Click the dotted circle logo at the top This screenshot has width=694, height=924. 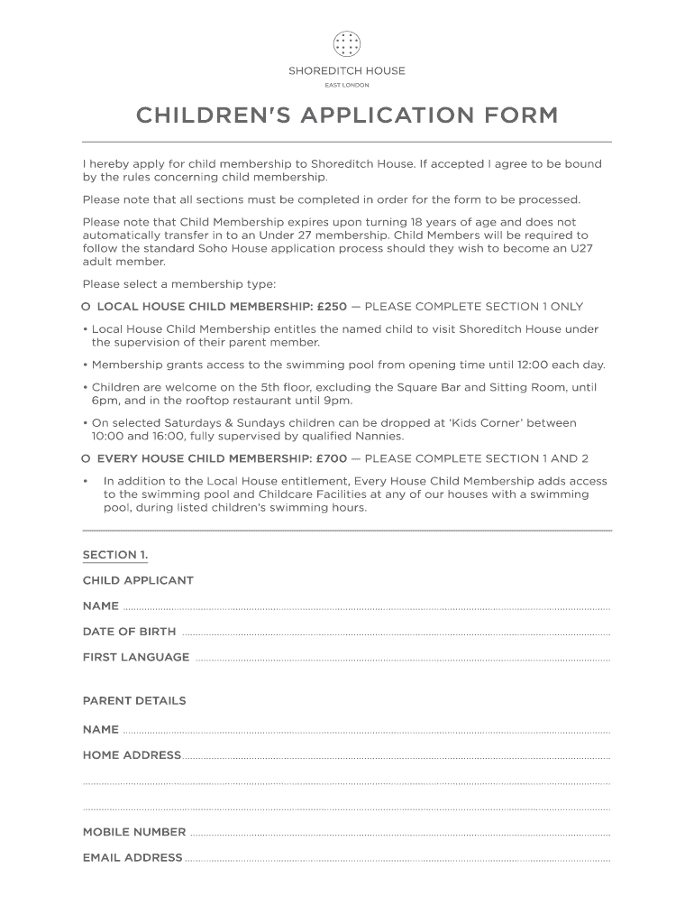click(x=347, y=43)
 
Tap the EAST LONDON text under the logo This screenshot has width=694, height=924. click(x=347, y=85)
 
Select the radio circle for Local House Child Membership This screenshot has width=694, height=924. click(x=86, y=307)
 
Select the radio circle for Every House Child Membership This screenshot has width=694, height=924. click(x=86, y=458)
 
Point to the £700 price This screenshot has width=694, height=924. click(x=332, y=458)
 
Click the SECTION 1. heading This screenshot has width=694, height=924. click(x=115, y=554)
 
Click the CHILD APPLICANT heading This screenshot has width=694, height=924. click(x=138, y=580)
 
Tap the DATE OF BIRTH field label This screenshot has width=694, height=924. click(x=129, y=632)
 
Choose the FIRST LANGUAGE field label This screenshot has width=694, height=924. click(x=136, y=657)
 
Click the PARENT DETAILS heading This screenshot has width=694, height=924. click(x=134, y=700)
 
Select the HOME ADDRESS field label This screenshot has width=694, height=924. click(x=132, y=754)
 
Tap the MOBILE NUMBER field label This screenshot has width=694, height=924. click(x=134, y=832)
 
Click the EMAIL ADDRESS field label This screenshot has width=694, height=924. click(x=132, y=857)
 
